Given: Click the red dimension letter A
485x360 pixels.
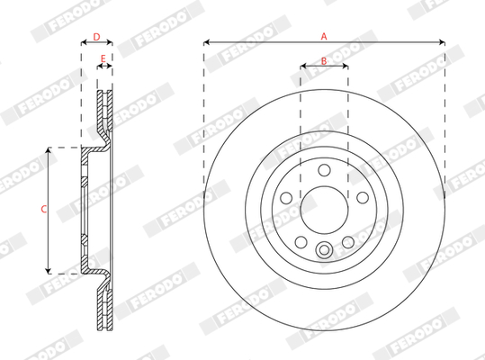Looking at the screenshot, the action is (324, 37).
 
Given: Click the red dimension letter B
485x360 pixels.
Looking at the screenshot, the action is (324, 61).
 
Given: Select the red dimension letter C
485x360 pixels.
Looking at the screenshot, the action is (43, 210).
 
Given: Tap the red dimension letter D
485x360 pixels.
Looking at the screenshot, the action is (96, 37).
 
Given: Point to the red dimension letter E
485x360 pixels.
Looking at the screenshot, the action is (103, 58).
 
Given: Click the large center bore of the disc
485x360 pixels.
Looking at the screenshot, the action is (324, 210).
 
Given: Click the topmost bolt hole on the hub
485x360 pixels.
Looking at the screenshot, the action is (324, 170).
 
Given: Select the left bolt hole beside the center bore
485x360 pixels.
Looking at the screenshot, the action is (286, 198).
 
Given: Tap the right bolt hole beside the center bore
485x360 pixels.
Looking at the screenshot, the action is (363, 198).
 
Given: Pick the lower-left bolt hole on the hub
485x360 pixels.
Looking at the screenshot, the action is (301, 242).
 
